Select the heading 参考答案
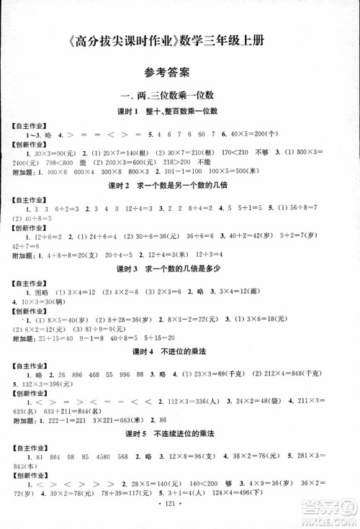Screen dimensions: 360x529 coord(166,72)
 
